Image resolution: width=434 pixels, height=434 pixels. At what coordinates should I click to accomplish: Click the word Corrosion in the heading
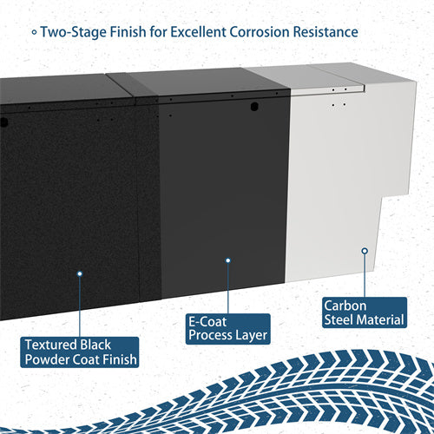pos(260,31)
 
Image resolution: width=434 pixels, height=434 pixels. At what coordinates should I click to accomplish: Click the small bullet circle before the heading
pos(34,32)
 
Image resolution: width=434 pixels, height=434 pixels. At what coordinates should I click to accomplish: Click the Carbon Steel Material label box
pos(365,312)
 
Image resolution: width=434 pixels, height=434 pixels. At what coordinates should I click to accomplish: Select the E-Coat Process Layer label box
pos(228,329)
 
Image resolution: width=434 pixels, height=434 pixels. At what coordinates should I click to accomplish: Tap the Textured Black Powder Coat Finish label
pos(80,352)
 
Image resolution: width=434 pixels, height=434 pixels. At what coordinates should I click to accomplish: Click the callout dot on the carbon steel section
pos(365,251)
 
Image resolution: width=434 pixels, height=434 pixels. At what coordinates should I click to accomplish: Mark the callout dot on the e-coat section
pos(228,260)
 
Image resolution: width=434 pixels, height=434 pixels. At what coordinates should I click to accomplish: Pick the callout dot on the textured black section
pos(80,273)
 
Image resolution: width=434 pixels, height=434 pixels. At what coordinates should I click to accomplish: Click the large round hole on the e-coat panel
pos(254,107)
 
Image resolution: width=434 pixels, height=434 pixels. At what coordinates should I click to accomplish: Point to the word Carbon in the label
pos(345,306)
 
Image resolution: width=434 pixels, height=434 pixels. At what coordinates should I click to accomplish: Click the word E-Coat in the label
pos(207,322)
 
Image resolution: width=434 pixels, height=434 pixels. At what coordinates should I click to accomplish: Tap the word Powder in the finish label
pos(47,359)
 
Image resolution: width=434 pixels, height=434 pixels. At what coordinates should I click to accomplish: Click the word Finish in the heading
pos(128,31)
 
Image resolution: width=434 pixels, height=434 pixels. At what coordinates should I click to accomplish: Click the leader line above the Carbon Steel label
pos(365,275)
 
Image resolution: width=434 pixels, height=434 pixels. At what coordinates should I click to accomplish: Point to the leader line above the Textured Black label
pos(80,306)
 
